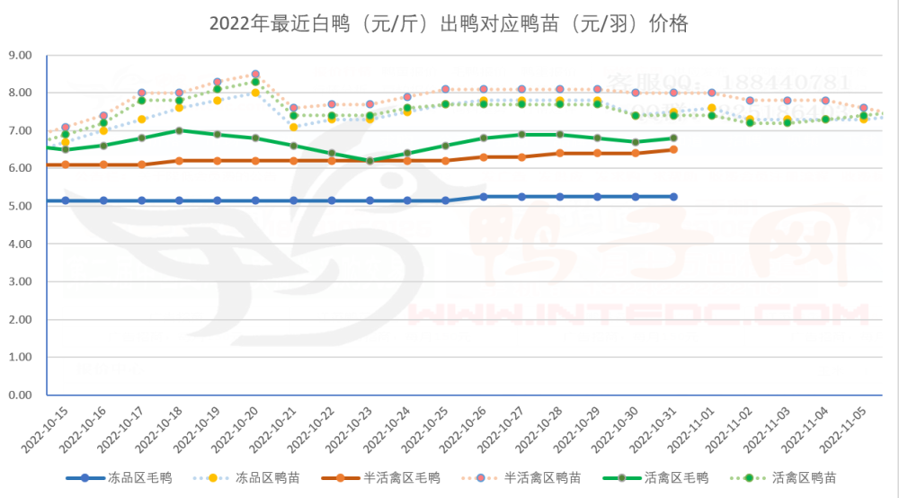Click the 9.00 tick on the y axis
(19, 55)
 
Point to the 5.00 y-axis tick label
(19, 206)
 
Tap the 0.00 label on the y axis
(19, 395)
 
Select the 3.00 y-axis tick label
(19, 281)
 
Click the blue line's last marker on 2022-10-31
(673, 196)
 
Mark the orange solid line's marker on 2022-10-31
(673, 149)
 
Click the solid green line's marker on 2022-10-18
(179, 130)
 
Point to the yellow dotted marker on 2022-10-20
(255, 93)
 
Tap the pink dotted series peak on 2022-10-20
(255, 74)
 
